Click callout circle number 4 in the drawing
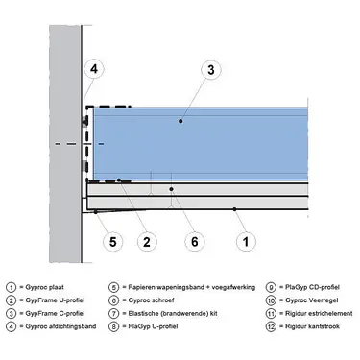click(x=93, y=69)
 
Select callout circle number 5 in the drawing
click(x=112, y=241)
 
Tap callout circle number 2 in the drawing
click(x=147, y=241)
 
